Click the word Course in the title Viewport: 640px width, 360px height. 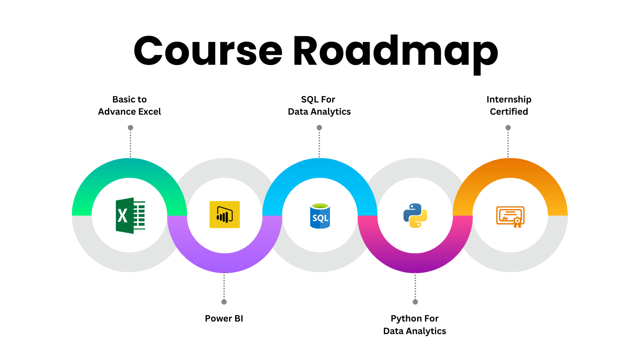208,51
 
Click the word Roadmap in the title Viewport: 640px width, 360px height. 396,54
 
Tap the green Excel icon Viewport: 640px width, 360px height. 130,216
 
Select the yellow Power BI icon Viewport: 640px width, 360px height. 225,214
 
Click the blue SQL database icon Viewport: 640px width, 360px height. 320,216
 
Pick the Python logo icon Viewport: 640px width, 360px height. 415,216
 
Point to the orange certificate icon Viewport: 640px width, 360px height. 510,217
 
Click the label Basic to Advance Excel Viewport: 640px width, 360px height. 130,106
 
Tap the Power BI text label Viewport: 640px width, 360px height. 224,318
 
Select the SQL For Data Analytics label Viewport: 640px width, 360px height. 319,106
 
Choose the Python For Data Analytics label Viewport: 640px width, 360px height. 414,325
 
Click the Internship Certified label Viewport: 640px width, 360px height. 509,106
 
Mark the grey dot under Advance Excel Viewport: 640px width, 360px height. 131,127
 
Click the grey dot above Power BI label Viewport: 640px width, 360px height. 224,302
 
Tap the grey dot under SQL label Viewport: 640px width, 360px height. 319,127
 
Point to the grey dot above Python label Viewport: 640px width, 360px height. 415,302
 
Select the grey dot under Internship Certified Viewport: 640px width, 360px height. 508,127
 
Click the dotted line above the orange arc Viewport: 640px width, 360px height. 508,144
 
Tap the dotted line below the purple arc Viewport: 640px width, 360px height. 224,286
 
